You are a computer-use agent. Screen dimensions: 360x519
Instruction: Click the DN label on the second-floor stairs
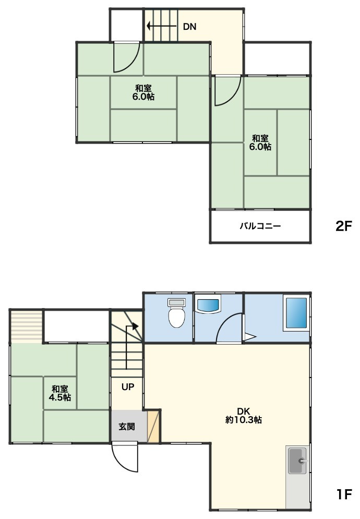(x=189, y=27)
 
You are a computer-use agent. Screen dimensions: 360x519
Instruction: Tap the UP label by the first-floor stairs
(x=128, y=386)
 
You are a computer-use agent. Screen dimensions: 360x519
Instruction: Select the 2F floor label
(x=343, y=226)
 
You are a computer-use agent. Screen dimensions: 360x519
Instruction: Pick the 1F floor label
(x=344, y=494)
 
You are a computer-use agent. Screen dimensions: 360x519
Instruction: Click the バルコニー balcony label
(x=260, y=226)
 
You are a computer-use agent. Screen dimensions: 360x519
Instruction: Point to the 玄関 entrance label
(x=127, y=426)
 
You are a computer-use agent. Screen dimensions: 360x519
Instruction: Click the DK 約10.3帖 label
(x=244, y=416)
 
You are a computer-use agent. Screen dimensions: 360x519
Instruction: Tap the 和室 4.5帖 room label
(x=60, y=393)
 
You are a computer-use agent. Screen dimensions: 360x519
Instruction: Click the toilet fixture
(x=176, y=313)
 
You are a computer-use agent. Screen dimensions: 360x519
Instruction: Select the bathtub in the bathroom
(x=296, y=313)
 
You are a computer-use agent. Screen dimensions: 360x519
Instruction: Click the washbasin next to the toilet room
(x=208, y=305)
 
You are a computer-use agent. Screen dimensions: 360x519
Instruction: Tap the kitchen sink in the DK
(x=297, y=461)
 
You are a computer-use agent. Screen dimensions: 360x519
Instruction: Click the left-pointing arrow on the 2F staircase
(x=161, y=26)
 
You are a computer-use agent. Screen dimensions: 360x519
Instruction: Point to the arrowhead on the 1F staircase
(x=135, y=326)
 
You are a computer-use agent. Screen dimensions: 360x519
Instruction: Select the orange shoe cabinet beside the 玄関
(x=153, y=426)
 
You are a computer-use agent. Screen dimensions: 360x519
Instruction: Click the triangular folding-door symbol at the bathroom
(x=249, y=337)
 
